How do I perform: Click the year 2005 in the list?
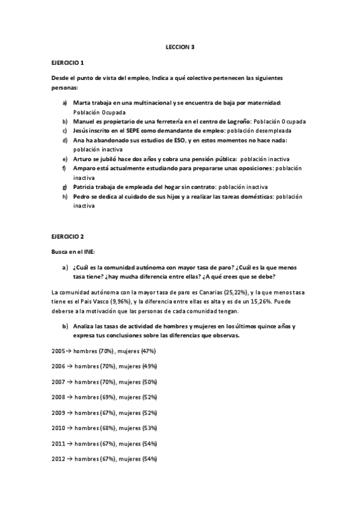[59, 351]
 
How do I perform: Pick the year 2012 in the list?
[59, 459]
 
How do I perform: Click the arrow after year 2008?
[70, 397]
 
